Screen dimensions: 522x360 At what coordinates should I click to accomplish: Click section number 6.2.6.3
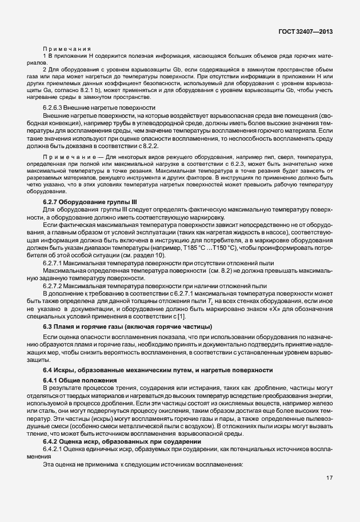(x=55, y=108)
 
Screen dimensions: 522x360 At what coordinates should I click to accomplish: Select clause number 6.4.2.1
(x=55, y=449)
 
